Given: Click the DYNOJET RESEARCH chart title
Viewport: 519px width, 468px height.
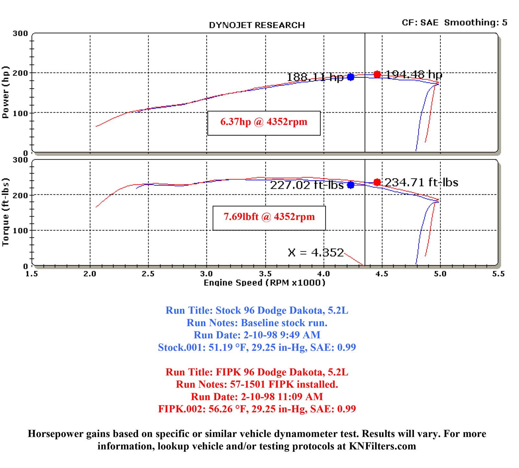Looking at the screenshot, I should [257, 25].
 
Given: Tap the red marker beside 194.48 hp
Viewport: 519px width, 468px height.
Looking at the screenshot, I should [377, 74].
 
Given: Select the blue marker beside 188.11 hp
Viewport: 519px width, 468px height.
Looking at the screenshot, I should [351, 77].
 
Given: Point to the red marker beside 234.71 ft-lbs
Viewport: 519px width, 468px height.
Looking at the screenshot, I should [377, 182].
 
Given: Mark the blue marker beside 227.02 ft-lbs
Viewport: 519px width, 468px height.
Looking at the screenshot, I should [351, 185].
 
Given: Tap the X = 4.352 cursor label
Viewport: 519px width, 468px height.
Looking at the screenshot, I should [315, 253].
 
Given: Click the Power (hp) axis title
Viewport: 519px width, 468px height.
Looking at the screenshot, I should [6, 92].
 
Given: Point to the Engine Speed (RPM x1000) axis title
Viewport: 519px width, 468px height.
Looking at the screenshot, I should [264, 283].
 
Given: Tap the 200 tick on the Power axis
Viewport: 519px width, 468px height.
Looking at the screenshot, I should [20, 73].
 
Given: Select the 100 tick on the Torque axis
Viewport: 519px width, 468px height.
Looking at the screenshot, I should [20, 231].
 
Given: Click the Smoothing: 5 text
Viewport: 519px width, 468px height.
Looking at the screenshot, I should [476, 23].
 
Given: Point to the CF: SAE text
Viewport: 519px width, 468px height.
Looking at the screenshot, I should [420, 23].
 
